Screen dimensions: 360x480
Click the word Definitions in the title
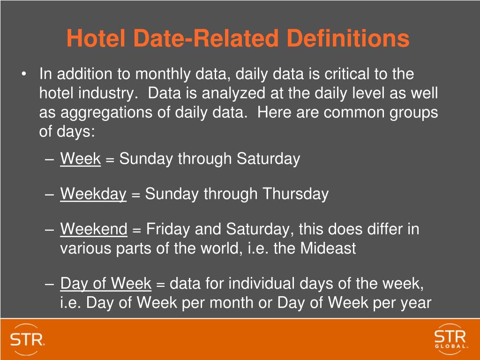348,38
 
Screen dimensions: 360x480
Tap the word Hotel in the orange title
93,38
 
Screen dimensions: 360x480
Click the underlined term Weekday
93,194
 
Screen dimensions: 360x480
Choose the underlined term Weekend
94,229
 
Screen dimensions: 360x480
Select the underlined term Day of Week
106,284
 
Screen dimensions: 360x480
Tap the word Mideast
328,248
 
